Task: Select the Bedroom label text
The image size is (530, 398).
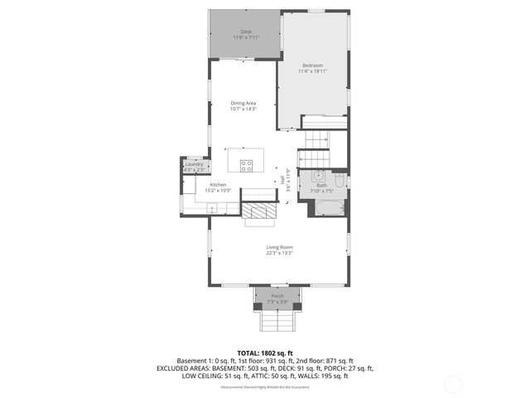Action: (x=312, y=66)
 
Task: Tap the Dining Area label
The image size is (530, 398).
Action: (x=243, y=103)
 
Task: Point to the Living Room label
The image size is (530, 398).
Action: (x=279, y=247)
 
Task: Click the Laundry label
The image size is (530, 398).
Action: (x=195, y=164)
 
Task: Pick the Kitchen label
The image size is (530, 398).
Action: (x=218, y=185)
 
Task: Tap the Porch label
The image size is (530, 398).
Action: (x=277, y=296)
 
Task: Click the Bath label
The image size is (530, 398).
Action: (x=321, y=185)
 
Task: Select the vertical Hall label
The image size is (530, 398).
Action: (x=282, y=178)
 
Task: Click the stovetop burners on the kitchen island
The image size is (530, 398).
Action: (x=247, y=163)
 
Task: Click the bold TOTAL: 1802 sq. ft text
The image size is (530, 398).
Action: (x=265, y=353)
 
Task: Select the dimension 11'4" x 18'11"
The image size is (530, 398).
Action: (x=312, y=71)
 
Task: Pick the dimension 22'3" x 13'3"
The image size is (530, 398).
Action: (x=279, y=253)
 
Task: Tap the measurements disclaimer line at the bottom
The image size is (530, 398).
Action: (x=265, y=387)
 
